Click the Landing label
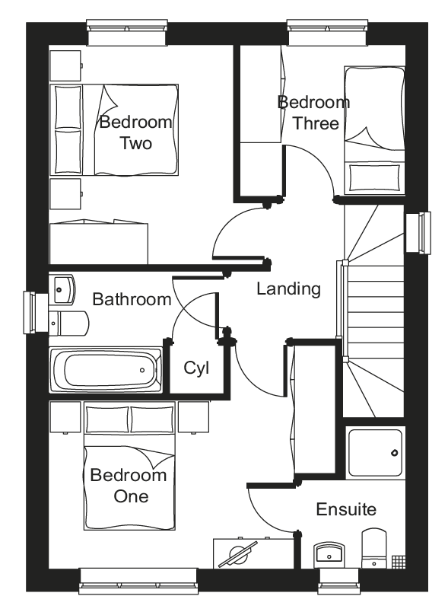[288, 289]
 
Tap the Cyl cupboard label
[196, 368]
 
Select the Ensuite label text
[346, 509]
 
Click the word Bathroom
[132, 300]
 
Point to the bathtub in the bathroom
[105, 370]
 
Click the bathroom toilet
[68, 323]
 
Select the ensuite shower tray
[376, 453]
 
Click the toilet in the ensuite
[374, 548]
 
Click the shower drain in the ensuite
[395, 453]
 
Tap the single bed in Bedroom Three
[374, 130]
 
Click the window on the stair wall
[418, 233]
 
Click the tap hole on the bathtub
[142, 370]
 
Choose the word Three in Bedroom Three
[316, 123]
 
